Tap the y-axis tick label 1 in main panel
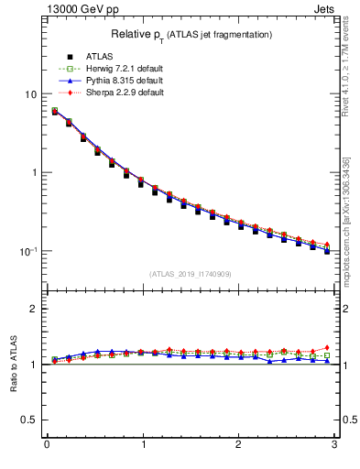[x=32, y=173]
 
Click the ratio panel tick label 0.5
[x=27, y=420]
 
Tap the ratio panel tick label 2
[x=32, y=309]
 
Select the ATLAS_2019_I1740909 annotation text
[x=190, y=274]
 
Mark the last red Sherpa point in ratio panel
[x=326, y=347]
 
